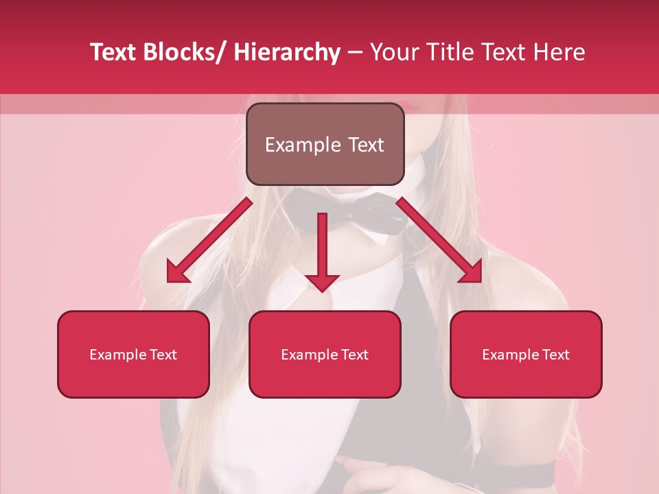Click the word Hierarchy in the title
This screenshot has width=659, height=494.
tap(286, 52)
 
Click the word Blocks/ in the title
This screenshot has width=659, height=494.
tap(185, 52)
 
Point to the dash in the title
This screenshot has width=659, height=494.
tap(355, 53)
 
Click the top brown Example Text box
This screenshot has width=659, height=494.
tap(325, 145)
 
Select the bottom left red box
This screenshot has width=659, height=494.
tap(133, 355)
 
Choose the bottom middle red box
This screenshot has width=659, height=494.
tap(325, 355)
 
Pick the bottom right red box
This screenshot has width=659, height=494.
tap(526, 355)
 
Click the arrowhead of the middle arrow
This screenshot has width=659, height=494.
tap(322, 282)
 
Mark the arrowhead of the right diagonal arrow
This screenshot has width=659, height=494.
tap(471, 272)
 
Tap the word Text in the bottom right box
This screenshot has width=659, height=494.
tap(555, 355)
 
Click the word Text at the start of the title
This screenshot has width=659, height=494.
tap(113, 52)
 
